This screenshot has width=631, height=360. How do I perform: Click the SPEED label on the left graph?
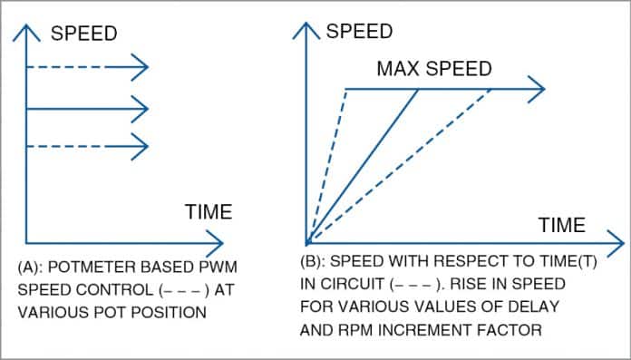click(84, 34)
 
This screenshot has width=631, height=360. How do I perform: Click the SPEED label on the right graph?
click(360, 31)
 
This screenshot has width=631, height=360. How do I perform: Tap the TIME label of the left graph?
click(209, 212)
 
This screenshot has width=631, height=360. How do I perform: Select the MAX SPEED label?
click(434, 69)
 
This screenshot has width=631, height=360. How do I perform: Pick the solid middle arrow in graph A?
click(86, 109)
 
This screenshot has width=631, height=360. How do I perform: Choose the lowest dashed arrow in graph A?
click(86, 143)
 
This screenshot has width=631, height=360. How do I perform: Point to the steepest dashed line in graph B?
click(328, 163)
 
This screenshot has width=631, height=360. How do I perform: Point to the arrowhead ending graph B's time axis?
click(616, 244)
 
